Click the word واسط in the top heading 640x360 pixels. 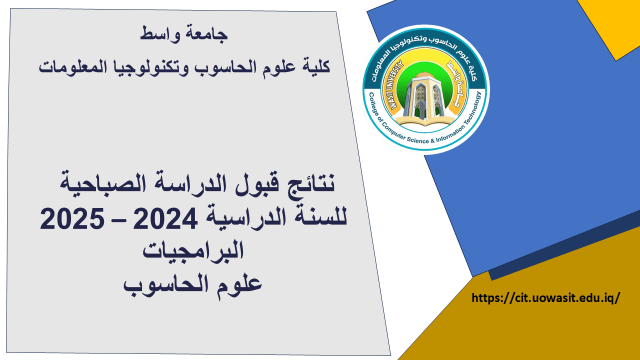pyautogui.click(x=160, y=33)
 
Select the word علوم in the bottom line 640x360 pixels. pyautogui.click(x=239, y=284)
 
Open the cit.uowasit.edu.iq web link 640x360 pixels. pyautogui.click(x=545, y=298)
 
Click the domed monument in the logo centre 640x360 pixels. pyautogui.click(x=425, y=98)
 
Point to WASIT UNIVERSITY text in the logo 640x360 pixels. pyautogui.click(x=395, y=85)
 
